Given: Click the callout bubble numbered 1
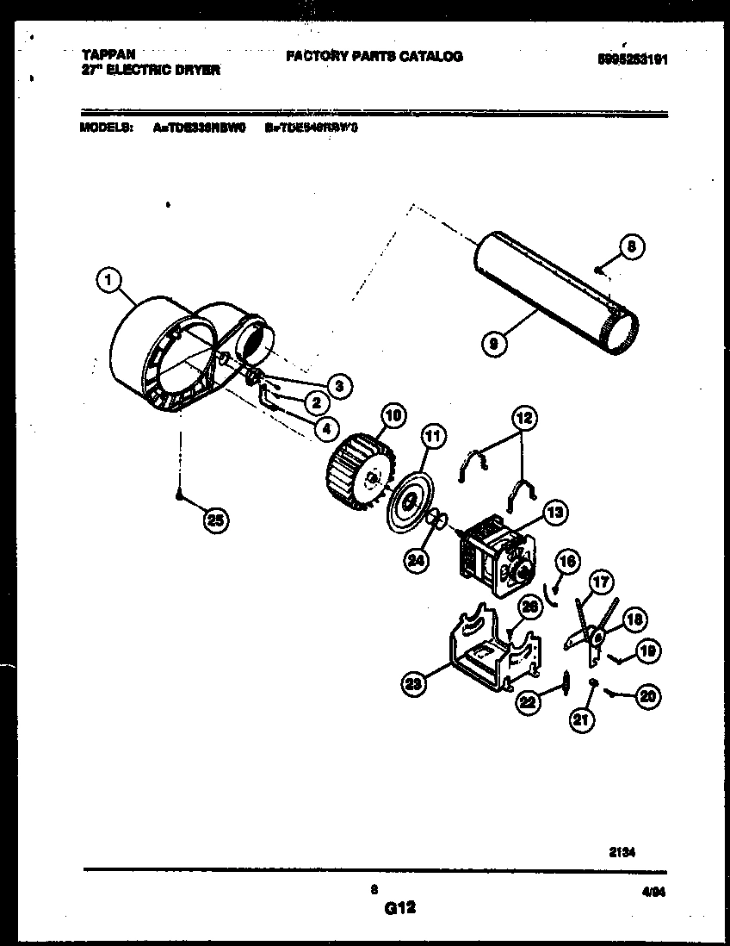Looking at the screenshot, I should click(x=108, y=279).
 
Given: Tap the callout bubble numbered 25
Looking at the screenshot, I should click(x=217, y=520).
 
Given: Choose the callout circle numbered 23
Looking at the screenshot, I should click(x=415, y=685).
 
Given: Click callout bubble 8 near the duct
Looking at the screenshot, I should click(x=631, y=247).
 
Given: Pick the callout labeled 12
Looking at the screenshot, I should click(x=523, y=420).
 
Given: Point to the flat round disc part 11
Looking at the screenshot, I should click(x=408, y=500).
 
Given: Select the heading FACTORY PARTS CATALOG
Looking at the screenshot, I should click(x=374, y=56).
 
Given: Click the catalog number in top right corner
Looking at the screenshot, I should click(x=626, y=60).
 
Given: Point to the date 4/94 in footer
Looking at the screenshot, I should click(x=654, y=894).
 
